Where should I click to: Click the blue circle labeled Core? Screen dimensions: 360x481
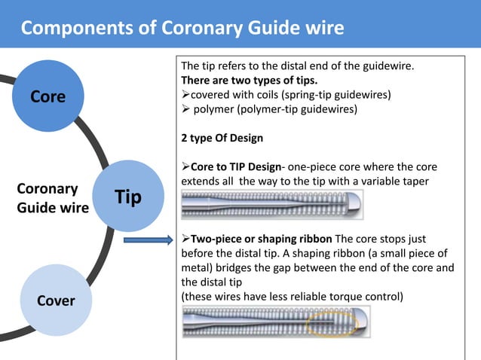pyautogui.click(x=47, y=97)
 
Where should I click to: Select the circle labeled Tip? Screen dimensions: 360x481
pyautogui.click(x=128, y=197)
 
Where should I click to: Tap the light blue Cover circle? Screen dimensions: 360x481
pyautogui.click(x=56, y=301)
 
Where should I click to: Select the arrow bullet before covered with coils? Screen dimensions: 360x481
pyautogui.click(x=185, y=96)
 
